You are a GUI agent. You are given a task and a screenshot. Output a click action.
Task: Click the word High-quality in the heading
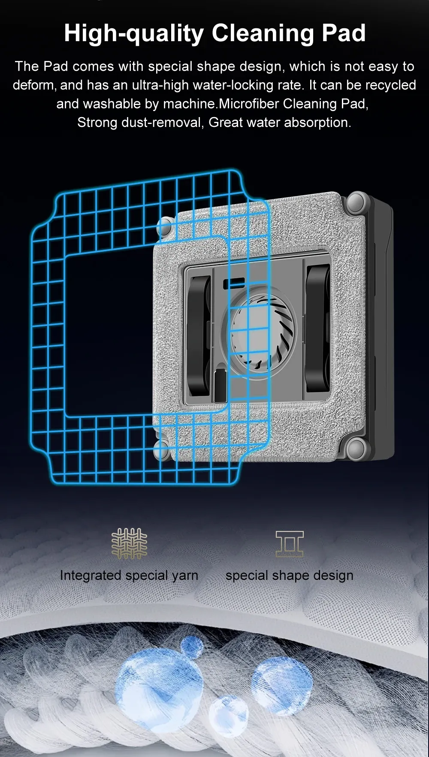tap(134, 33)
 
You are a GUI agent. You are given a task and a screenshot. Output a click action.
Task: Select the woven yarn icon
tap(129, 543)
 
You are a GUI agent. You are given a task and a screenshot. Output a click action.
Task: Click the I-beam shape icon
tap(290, 544)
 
